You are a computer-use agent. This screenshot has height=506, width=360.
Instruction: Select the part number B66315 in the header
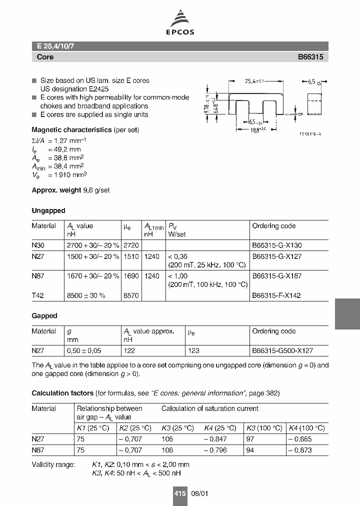click(311, 57)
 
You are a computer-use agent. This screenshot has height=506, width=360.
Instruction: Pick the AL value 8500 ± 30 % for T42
click(86, 295)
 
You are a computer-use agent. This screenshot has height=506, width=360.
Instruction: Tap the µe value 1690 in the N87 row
click(131, 276)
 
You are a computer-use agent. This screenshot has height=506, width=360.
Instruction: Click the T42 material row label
click(38, 295)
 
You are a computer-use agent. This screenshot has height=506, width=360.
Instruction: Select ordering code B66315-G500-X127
click(283, 351)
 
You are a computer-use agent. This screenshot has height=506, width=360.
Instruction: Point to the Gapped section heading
click(44, 316)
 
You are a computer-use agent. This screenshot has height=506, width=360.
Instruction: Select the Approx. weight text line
click(77, 190)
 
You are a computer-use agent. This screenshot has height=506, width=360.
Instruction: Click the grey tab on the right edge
click(347, 314)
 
